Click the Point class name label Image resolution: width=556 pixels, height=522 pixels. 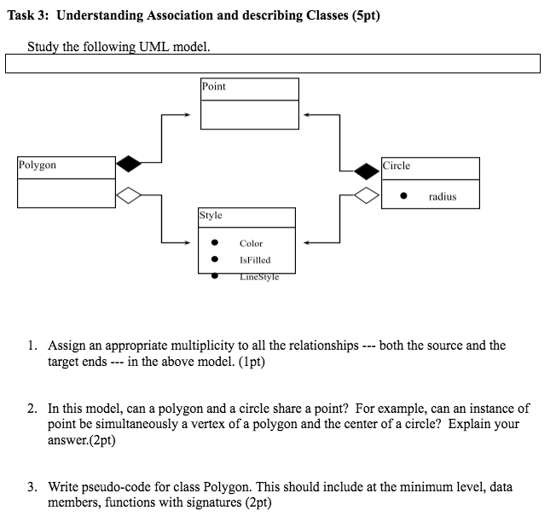coord(214,86)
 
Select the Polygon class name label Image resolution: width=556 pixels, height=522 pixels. coord(38,165)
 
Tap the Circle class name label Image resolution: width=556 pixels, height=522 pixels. coord(397,165)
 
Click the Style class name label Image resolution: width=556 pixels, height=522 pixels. coord(211,216)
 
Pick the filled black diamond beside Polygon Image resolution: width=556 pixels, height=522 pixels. coord(128,161)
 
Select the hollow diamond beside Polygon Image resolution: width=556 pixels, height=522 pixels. coord(128,195)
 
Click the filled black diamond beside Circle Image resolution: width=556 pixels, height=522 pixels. coord(367,169)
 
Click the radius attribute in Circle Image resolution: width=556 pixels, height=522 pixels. coord(443,197)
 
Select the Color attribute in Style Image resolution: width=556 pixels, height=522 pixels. coord(251,244)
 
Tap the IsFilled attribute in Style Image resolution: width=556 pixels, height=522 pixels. coord(255,260)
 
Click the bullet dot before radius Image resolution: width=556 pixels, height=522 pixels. coord(404,197)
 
